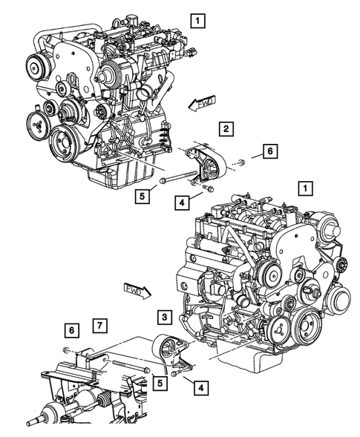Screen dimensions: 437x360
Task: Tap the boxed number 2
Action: point(225,128)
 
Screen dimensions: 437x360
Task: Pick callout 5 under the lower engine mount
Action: point(160,383)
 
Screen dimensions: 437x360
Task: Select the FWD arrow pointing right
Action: point(136,288)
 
